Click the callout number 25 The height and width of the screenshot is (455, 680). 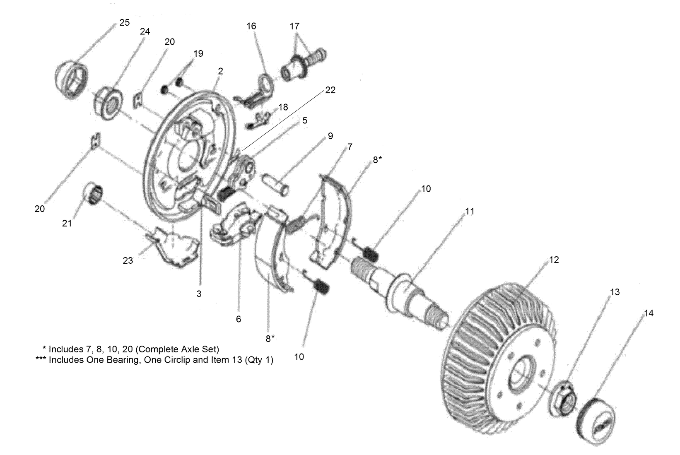(x=124, y=23)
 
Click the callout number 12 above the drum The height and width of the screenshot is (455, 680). (x=554, y=260)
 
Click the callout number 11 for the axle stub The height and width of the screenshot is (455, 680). (x=470, y=212)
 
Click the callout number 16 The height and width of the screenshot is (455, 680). (x=251, y=26)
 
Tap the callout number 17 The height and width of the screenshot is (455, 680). (x=294, y=26)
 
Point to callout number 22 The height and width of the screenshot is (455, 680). (x=330, y=90)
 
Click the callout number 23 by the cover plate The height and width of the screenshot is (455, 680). (x=128, y=261)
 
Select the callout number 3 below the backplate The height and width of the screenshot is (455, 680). (x=199, y=294)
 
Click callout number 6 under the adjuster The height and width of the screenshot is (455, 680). (x=238, y=319)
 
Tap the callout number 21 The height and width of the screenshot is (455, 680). (x=67, y=224)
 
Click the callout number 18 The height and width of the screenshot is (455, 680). (x=283, y=107)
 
